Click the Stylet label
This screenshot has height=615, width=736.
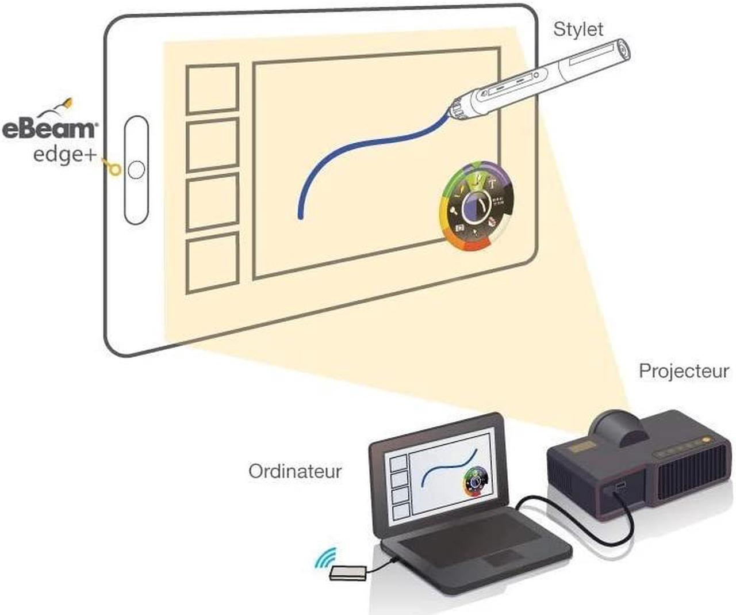(x=578, y=29)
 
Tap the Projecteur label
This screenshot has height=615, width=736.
(x=683, y=371)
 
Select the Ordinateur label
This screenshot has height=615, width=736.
(x=294, y=471)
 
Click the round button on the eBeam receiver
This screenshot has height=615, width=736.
(x=137, y=170)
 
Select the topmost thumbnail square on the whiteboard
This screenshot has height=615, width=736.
(x=212, y=88)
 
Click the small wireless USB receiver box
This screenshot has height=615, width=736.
(x=348, y=572)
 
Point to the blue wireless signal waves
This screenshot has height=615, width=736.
(x=326, y=557)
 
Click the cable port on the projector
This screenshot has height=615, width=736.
(x=619, y=488)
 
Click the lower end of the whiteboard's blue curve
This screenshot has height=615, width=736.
(x=300, y=216)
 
